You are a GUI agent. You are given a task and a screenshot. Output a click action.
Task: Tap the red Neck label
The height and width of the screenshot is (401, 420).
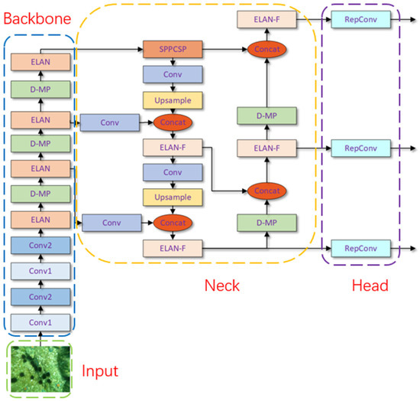click(222, 285)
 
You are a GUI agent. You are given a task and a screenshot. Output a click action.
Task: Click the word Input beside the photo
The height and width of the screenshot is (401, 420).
click(99, 372)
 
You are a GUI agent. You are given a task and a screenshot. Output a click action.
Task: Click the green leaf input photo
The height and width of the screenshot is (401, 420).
click(38, 369)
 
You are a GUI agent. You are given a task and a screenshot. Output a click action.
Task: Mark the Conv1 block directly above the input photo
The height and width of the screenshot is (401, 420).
click(38, 322)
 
